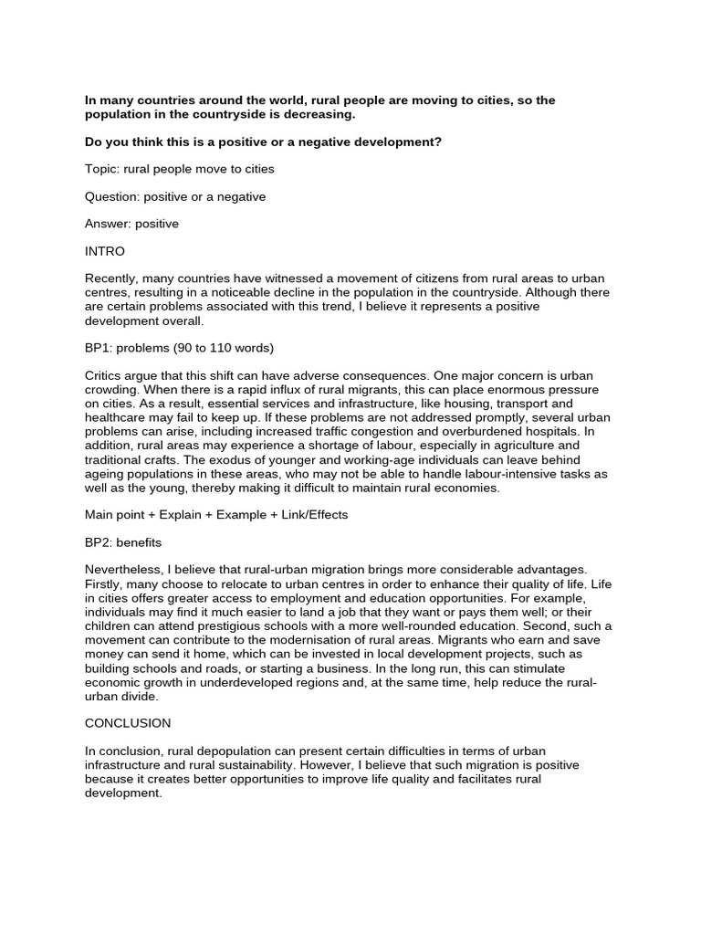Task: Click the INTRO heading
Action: point(105,251)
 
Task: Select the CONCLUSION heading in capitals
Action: point(128,723)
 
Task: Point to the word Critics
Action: point(106,375)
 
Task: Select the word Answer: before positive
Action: point(110,224)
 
